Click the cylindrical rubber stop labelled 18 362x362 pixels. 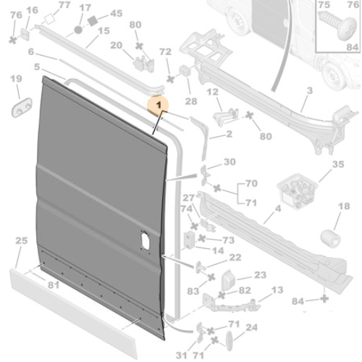coord(334,237)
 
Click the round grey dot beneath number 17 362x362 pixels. coord(79,30)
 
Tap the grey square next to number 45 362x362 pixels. coord(93,22)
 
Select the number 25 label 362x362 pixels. coord(21,240)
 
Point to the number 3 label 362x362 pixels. coord(309,90)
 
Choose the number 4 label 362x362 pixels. coord(277,211)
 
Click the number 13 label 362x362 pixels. coord(277,290)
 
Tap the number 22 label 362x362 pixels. coord(235,257)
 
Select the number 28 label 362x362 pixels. coord(191,102)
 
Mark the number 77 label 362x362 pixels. coord(64,5)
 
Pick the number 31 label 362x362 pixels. coord(181,354)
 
